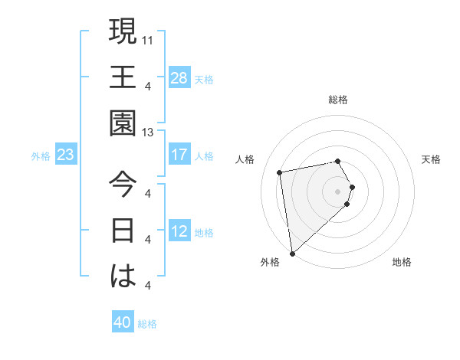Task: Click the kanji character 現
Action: point(122,32)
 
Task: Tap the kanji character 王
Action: point(122,78)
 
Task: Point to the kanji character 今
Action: point(122,185)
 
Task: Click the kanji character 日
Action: point(122,231)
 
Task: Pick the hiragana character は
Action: point(122,277)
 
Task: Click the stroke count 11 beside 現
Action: point(148,39)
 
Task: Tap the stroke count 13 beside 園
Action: point(148,133)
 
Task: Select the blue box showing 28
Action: point(179,77)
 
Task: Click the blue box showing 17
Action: point(179,155)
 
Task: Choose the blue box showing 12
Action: point(179,231)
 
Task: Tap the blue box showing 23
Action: point(66,155)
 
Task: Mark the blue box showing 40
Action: point(123,322)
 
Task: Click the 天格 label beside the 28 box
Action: point(204,79)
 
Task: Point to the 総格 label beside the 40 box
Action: point(147,324)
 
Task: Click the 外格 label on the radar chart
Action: point(270,262)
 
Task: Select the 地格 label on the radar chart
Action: point(402,262)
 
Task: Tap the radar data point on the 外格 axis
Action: point(292,253)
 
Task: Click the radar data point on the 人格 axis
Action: point(280,172)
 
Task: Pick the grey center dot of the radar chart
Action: point(338,191)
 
